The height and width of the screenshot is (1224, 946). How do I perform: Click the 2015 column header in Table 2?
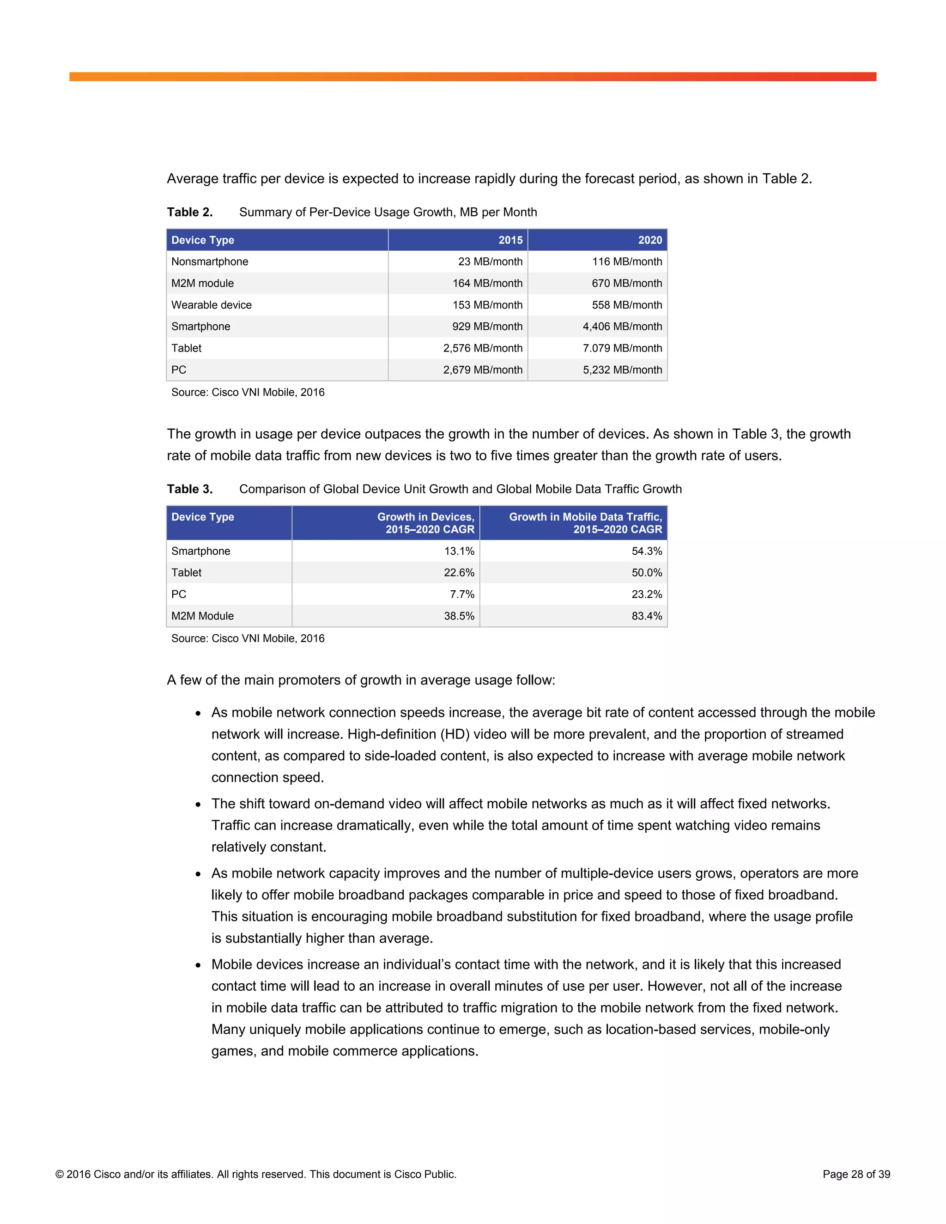point(510,240)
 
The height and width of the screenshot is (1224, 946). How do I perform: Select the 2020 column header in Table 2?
point(649,240)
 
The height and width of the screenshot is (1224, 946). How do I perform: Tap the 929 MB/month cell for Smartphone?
point(487,326)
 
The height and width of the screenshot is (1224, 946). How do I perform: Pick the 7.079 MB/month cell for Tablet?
point(622,348)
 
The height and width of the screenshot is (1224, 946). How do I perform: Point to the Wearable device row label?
point(211,305)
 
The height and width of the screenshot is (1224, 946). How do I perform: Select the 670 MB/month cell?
point(626,283)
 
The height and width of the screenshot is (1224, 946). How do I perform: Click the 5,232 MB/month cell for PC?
point(622,370)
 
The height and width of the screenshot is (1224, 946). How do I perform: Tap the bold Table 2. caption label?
point(189,212)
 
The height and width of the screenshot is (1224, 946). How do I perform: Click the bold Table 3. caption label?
point(189,489)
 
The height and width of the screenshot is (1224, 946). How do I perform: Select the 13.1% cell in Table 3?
point(459,551)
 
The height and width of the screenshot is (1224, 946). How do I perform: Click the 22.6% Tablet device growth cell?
point(459,572)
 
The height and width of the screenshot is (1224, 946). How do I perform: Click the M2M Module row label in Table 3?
point(202,616)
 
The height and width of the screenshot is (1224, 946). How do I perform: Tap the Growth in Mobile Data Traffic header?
point(585,523)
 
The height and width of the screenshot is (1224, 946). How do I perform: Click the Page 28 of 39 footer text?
point(856,1174)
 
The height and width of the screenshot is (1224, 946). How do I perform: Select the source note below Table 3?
point(248,638)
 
